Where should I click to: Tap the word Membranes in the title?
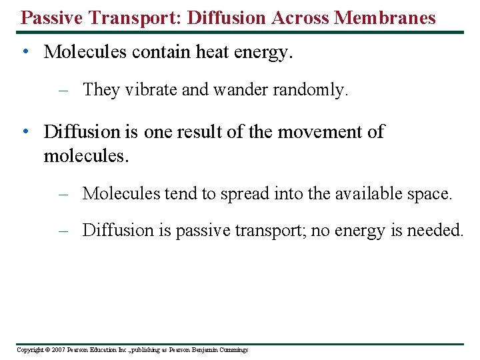click(x=385, y=17)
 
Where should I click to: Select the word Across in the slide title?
click(x=297, y=17)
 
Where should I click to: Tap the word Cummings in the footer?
click(x=232, y=350)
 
